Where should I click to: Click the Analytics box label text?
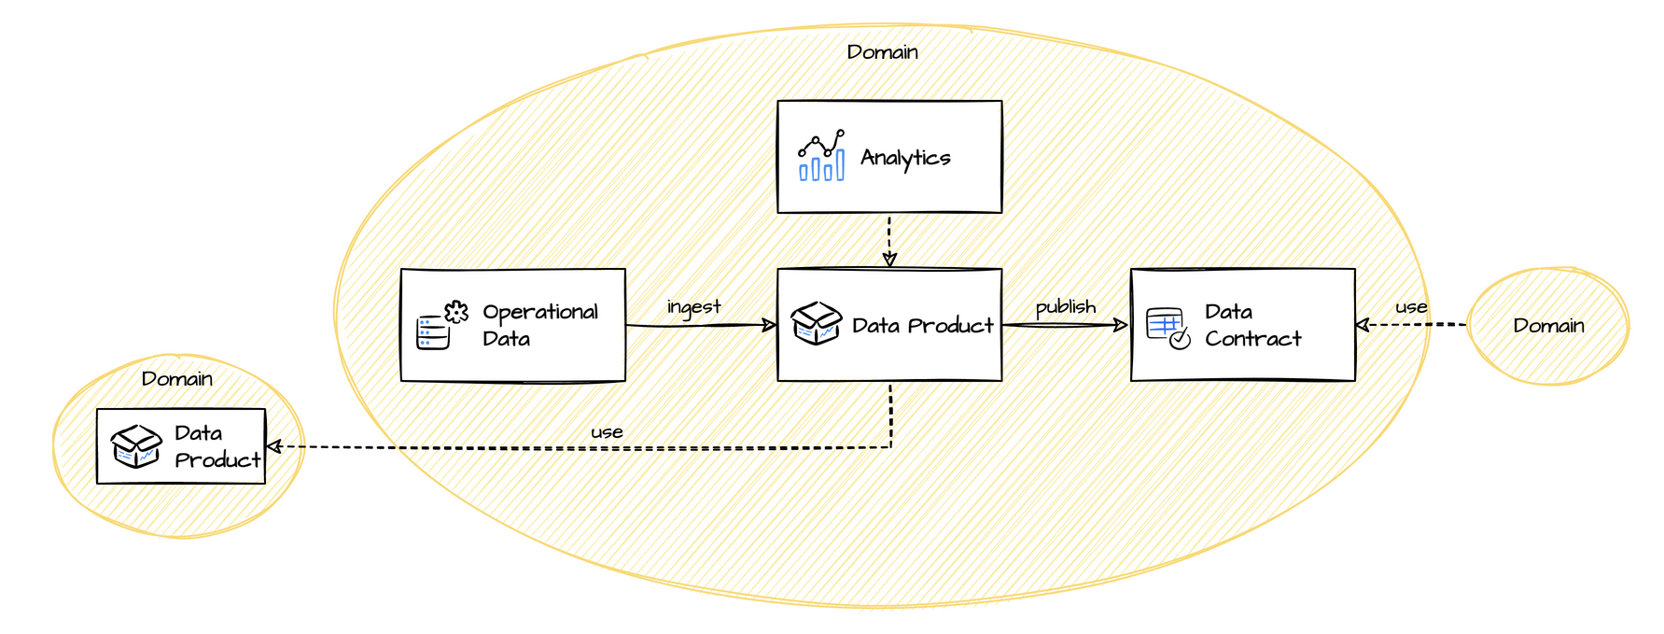coord(904,158)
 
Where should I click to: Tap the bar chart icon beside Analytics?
coord(821,156)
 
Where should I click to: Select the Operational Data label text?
coord(539,325)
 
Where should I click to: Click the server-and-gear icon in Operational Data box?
coord(441,325)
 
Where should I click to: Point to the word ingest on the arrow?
coord(693,307)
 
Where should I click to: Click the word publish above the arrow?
coord(1065,307)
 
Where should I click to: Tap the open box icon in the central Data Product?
coord(816,323)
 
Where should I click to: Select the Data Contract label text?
coord(1251,325)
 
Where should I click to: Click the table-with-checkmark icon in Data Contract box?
coord(1168,328)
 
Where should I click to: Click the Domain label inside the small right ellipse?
coord(1548,326)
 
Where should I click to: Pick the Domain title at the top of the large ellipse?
coord(882,52)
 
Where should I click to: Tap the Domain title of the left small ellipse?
coord(176,379)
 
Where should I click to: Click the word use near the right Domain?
coord(1410,307)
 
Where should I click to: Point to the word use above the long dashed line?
coord(607,432)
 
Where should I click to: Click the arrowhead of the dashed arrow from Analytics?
coord(889,260)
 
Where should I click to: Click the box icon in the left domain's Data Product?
coord(136,445)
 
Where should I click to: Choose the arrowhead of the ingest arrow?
coord(769,325)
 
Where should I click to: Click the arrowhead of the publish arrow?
coord(1121,325)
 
